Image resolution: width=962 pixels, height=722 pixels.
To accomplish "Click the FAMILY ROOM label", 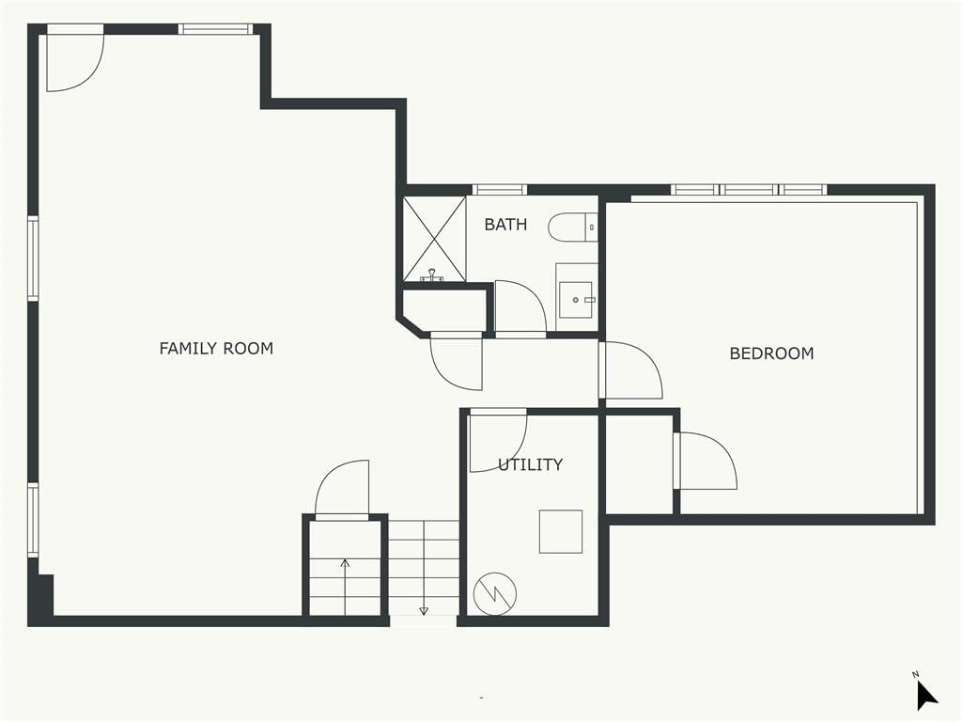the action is pos(216,348).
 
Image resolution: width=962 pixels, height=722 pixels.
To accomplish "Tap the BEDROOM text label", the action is pos(771,353).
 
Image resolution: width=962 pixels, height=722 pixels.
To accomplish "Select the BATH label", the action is pos(505,224).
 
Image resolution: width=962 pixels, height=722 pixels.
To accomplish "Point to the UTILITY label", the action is pos(530,464).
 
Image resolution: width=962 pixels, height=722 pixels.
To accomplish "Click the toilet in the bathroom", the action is pos(572,228).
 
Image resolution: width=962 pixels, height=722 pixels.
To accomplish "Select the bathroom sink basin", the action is pos(576,300).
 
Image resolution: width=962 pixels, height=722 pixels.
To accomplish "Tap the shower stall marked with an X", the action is pos(434,239).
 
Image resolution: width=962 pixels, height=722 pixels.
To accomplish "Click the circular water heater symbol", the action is pos(495,594).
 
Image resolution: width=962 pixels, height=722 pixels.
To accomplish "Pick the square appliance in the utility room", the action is pos(561,531).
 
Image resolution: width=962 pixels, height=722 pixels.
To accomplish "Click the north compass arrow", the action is pos(926,695).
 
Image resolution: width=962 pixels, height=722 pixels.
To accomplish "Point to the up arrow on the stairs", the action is pos(345,587).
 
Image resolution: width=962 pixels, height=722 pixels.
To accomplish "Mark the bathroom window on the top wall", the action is pos(500,190).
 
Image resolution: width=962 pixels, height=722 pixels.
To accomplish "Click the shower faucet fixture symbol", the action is pos(433,275).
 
